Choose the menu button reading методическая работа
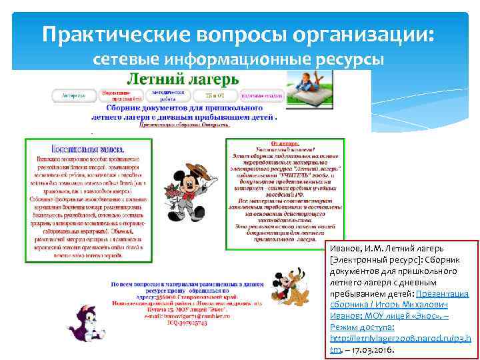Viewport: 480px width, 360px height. click(167, 95)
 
